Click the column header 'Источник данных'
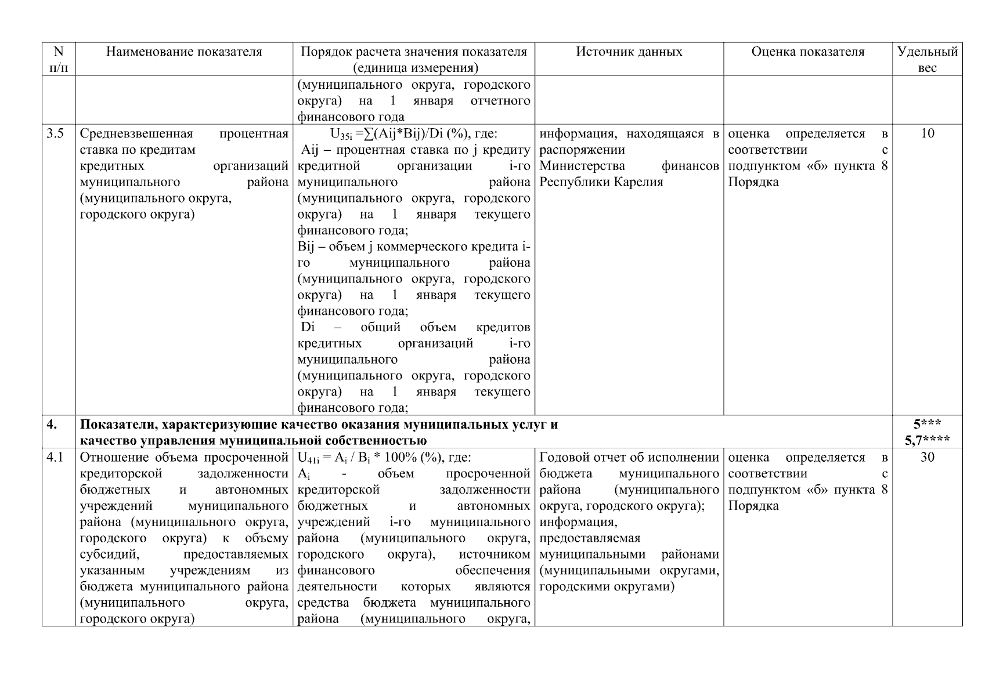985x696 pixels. click(x=629, y=52)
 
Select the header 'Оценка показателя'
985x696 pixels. click(x=807, y=52)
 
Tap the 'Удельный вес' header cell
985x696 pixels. click(x=927, y=59)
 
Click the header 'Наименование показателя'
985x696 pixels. click(x=184, y=52)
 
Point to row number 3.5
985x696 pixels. click(x=55, y=134)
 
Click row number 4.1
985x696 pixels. click(x=55, y=458)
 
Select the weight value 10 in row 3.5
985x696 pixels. click(x=927, y=134)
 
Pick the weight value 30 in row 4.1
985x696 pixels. click(x=927, y=458)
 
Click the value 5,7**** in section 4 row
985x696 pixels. click(x=927, y=440)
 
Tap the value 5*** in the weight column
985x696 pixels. click(x=927, y=425)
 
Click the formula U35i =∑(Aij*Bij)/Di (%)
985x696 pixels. click(x=413, y=134)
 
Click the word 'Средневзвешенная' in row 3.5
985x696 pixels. click(x=136, y=134)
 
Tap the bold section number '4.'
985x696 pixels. click(x=52, y=425)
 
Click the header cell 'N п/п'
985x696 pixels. click(x=58, y=59)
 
